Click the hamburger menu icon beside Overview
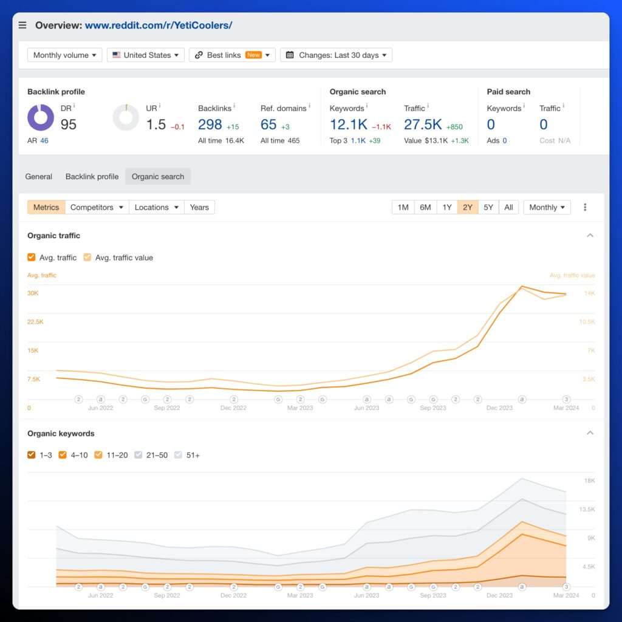[22, 26]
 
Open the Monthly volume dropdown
[64, 55]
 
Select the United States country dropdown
[146, 55]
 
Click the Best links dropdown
[232, 55]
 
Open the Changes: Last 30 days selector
[336, 55]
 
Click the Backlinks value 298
[210, 125]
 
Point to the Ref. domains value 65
[268, 125]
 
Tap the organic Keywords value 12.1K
[348, 125]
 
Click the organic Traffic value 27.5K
[423, 125]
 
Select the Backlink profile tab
[92, 177]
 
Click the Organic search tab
[158, 177]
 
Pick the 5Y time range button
[488, 207]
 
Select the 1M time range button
[403, 207]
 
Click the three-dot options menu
[585, 207]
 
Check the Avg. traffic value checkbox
[87, 258]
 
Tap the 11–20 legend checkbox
[98, 455]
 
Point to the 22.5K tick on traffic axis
[35, 322]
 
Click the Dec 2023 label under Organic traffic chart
[499, 408]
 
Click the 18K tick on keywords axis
[589, 480]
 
